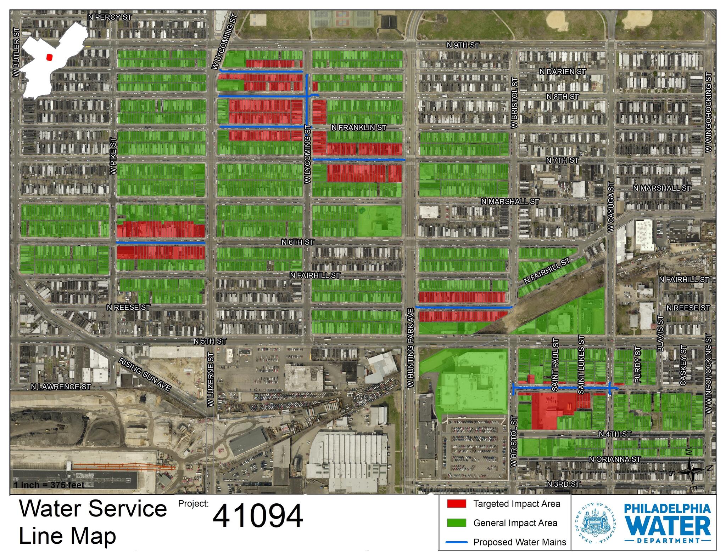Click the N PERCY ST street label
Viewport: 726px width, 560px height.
click(110, 17)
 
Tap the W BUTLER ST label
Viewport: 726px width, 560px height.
click(16, 52)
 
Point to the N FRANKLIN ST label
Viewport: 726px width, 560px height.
click(358, 127)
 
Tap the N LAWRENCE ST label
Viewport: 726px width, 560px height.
click(61, 387)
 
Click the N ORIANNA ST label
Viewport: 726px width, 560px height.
click(614, 459)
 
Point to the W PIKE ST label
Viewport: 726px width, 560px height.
click(113, 156)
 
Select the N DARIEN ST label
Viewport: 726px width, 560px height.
click(562, 72)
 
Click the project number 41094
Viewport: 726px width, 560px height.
click(258, 516)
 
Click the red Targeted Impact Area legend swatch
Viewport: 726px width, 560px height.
click(456, 504)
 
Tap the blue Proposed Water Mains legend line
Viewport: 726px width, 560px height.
click(456, 542)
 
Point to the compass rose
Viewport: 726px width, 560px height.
click(692, 470)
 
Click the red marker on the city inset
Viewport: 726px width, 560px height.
click(50, 57)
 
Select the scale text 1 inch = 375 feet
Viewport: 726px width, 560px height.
click(49, 485)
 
